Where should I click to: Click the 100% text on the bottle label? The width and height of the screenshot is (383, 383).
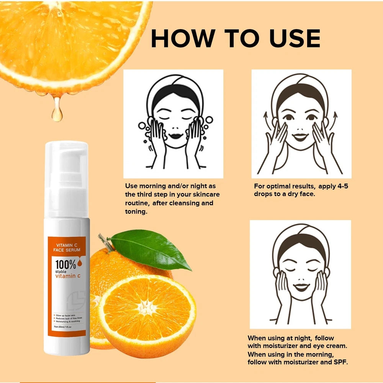tap(65, 264)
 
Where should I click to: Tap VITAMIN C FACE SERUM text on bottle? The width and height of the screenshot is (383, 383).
tap(68, 247)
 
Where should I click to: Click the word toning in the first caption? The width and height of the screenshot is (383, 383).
tap(136, 212)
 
